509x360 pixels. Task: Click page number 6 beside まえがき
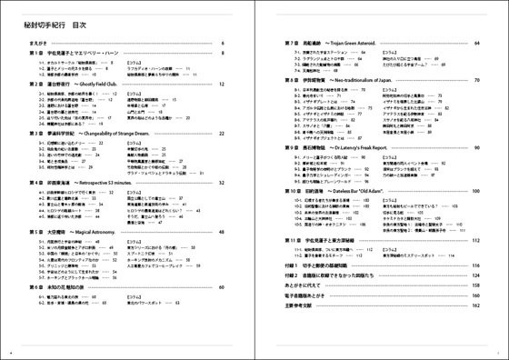(x=221, y=43)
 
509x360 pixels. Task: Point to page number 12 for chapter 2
(x=220, y=83)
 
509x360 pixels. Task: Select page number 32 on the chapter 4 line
(x=220, y=182)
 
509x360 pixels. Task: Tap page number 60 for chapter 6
(x=220, y=286)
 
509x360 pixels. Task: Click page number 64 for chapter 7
(x=476, y=43)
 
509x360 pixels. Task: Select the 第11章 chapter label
(x=294, y=240)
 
